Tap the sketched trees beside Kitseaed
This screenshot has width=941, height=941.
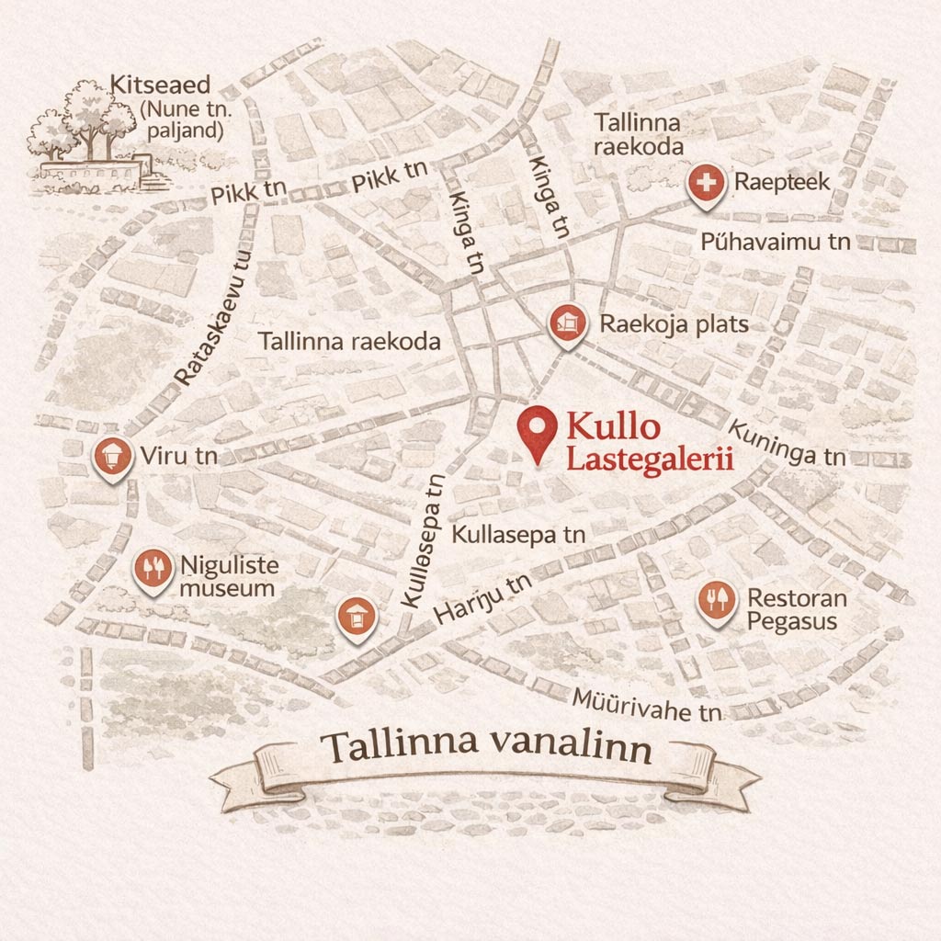[83, 119]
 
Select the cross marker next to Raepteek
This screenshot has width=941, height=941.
[706, 185]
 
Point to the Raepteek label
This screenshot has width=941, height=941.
[782, 182]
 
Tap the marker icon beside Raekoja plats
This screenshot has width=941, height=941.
[567, 323]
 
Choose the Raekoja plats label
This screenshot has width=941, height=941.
[674, 323]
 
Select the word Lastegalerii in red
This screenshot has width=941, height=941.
[649, 459]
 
